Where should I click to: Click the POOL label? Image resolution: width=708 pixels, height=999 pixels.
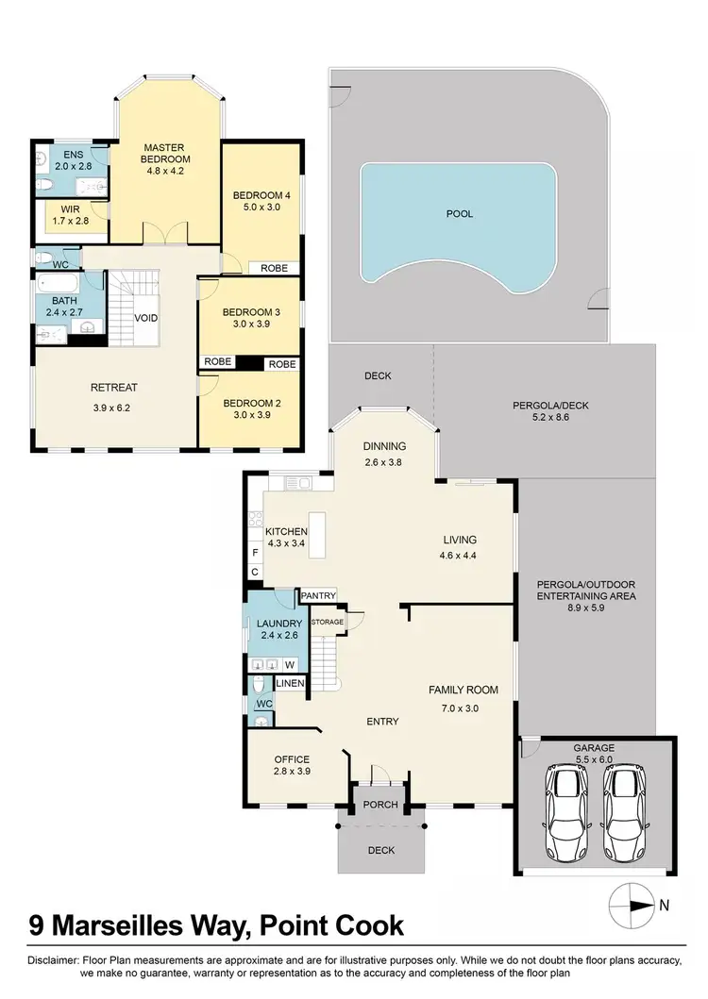pyautogui.click(x=460, y=214)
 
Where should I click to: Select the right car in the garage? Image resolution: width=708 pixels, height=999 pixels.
pyautogui.click(x=622, y=813)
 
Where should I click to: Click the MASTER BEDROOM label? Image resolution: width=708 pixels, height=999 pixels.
pyautogui.click(x=168, y=153)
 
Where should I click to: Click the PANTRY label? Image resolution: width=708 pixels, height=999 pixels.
pyautogui.click(x=318, y=596)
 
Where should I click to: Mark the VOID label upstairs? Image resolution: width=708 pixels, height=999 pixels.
pyautogui.click(x=146, y=318)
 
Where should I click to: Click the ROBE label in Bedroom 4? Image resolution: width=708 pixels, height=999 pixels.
pyautogui.click(x=274, y=268)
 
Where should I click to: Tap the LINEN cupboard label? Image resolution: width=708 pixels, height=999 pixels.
pyautogui.click(x=290, y=684)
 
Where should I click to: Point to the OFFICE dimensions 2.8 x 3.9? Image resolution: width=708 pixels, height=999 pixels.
pyautogui.click(x=292, y=771)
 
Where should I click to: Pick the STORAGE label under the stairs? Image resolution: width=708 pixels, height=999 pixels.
pyautogui.click(x=328, y=622)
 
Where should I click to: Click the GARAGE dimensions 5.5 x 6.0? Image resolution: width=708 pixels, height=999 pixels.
pyautogui.click(x=594, y=758)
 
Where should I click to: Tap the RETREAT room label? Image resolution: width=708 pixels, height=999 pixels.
pyautogui.click(x=114, y=388)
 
